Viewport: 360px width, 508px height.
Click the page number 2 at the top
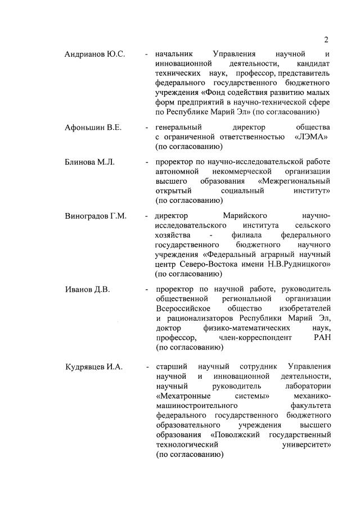326,39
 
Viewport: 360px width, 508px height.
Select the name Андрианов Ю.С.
95,55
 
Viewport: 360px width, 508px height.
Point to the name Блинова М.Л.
89,162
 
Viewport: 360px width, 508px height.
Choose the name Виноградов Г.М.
96,216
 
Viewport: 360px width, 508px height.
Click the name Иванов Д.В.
87,289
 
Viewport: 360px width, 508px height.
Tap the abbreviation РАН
321,337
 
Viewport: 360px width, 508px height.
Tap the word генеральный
178,127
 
